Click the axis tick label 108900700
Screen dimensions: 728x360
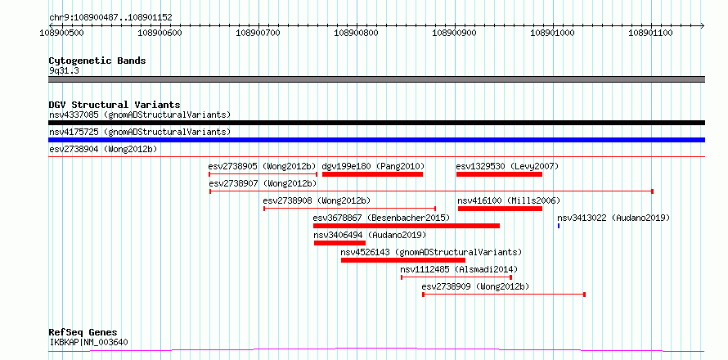tap(258, 33)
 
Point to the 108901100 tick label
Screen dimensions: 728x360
tap(651, 33)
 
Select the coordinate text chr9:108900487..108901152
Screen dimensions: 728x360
tap(110, 18)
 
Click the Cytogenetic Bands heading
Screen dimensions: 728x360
tap(97, 61)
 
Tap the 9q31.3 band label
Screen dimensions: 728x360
tap(64, 71)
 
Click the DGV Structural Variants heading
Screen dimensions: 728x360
tap(115, 105)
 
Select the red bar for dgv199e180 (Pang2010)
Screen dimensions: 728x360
tap(372, 174)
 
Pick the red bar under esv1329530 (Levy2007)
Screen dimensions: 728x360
tap(499, 174)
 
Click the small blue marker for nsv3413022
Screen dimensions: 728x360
tap(559, 226)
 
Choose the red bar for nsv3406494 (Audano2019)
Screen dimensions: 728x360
tap(339, 243)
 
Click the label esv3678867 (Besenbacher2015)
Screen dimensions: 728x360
tap(381, 218)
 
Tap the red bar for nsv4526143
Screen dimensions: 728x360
tap(403, 260)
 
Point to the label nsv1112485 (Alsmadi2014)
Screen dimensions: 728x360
tap(459, 269)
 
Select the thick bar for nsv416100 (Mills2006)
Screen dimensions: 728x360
tap(500, 209)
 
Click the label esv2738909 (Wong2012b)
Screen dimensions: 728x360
tap(475, 286)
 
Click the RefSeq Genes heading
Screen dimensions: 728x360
tap(83, 333)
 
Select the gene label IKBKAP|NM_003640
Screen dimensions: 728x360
tap(88, 343)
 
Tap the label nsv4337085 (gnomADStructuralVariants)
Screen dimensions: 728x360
tap(140, 115)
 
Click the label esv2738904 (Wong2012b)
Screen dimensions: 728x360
tap(103, 149)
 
